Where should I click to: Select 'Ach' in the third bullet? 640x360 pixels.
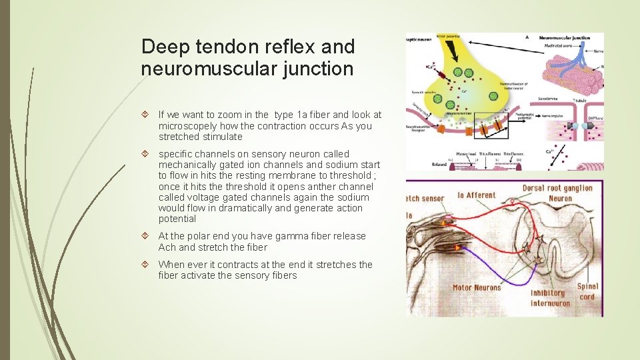[168, 247]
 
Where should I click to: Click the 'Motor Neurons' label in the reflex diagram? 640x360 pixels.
[477, 288]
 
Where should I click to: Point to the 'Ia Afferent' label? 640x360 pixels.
[476, 195]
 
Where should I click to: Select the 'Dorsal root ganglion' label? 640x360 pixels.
[557, 188]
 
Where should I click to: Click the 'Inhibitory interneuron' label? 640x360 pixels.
[549, 297]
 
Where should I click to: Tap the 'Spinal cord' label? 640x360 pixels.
[588, 291]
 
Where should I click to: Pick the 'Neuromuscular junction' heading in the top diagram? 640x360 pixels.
[566, 37]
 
